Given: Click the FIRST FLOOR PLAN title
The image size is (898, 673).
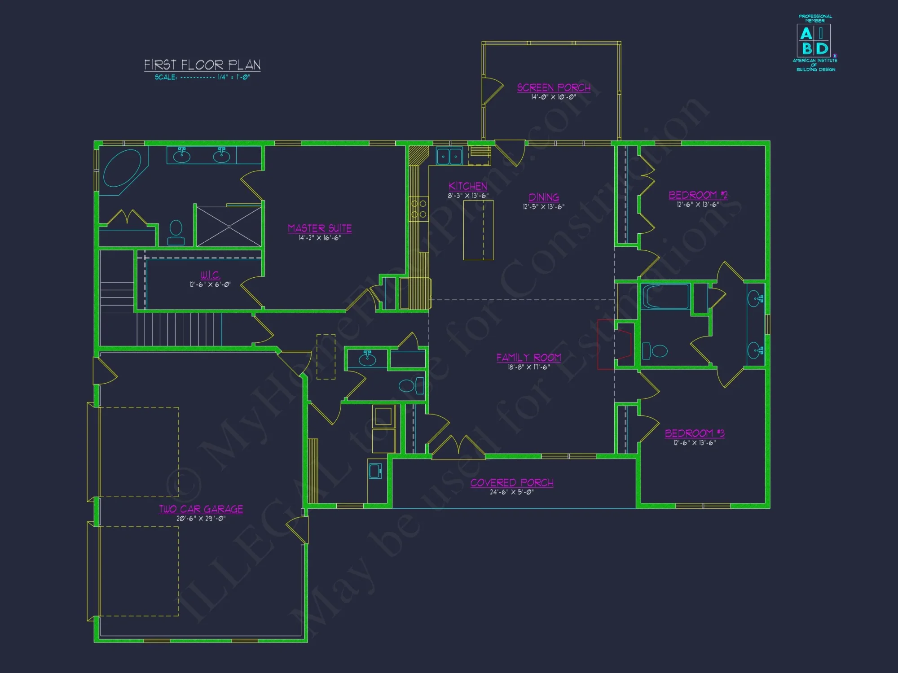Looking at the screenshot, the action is pyautogui.click(x=202, y=65).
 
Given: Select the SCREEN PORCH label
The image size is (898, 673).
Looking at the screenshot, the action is pyautogui.click(x=554, y=87).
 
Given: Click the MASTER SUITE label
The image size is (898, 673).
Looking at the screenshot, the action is pyautogui.click(x=320, y=228).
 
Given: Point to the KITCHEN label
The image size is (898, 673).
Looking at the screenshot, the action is pyautogui.click(x=468, y=186).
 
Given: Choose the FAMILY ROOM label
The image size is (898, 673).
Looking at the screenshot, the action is pyautogui.click(x=528, y=358).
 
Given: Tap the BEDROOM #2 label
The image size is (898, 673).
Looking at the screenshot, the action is pyautogui.click(x=698, y=195).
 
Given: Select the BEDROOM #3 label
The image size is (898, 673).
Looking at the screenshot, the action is pyautogui.click(x=694, y=433).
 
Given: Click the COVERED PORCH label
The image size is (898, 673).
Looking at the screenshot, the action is pyautogui.click(x=512, y=483).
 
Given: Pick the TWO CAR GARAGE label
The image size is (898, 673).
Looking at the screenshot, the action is pyautogui.click(x=201, y=509).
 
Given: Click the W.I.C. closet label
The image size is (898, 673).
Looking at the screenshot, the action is pyautogui.click(x=210, y=275).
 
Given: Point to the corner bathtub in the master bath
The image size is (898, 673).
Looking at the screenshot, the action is pyautogui.click(x=122, y=168).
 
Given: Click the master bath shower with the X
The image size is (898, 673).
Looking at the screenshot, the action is pyautogui.click(x=229, y=227).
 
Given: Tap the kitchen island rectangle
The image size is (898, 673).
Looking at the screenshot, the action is pyautogui.click(x=478, y=230).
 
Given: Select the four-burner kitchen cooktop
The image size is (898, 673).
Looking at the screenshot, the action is pyautogui.click(x=418, y=209).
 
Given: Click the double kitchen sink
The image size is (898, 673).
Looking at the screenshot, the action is pyautogui.click(x=449, y=156).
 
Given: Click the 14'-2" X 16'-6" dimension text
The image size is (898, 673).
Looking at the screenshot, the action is pyautogui.click(x=320, y=238).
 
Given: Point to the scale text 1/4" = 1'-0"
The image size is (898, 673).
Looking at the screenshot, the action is pyautogui.click(x=233, y=77).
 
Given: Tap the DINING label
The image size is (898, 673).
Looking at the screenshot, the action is pyautogui.click(x=543, y=197).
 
